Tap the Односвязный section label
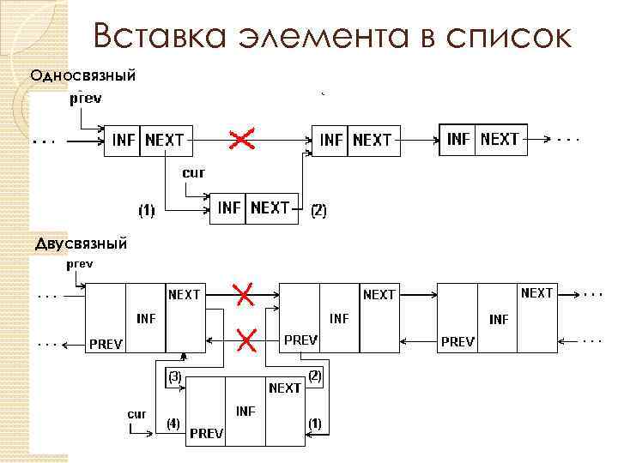point(82,75)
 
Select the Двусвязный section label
point(81,244)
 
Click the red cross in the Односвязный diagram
point(242,138)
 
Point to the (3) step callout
point(173,376)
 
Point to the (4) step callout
point(173,423)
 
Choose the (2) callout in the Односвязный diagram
point(318,209)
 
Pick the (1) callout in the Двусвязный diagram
point(314,423)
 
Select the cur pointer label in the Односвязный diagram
point(192,173)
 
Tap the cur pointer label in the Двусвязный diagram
point(136,413)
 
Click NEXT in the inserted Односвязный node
point(270,207)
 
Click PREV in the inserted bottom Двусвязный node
point(206,433)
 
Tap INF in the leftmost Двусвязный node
point(146,318)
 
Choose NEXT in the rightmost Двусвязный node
point(537,293)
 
